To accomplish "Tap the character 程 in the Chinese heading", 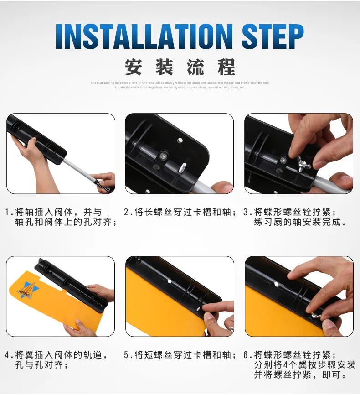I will point(226,67).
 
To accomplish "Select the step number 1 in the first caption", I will point(8,212).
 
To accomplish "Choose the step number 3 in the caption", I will point(247,212).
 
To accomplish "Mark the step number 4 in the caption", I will point(8,355).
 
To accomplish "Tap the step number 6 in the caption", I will point(247,355).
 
